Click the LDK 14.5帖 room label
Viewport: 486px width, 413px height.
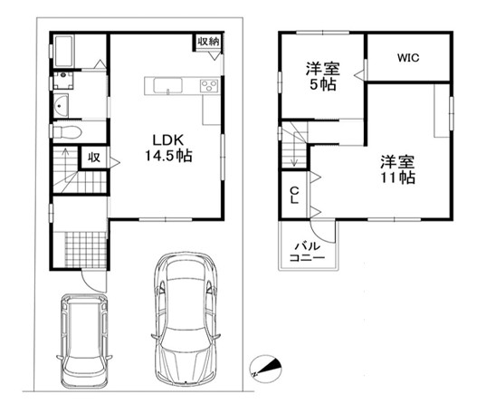click(x=168, y=149)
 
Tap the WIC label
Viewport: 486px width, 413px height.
click(x=408, y=58)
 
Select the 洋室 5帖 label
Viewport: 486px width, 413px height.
click(x=323, y=76)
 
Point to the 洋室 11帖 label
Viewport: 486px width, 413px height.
click(x=397, y=169)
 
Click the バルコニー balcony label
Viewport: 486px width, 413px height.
click(x=307, y=252)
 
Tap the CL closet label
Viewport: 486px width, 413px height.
click(x=295, y=195)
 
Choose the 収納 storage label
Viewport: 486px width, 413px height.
click(x=208, y=42)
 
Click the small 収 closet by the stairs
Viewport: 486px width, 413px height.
click(x=94, y=158)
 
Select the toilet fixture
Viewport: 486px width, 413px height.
click(x=67, y=132)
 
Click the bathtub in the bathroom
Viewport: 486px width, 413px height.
click(x=64, y=51)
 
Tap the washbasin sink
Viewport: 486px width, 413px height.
click(x=61, y=105)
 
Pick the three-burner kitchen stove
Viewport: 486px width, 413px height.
click(x=209, y=86)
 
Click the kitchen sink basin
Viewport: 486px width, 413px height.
click(x=167, y=85)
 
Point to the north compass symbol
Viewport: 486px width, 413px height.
click(x=265, y=369)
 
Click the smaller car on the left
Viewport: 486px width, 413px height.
click(x=84, y=341)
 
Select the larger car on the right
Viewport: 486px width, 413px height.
click(x=186, y=319)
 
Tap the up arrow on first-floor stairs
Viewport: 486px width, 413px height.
click(x=66, y=166)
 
